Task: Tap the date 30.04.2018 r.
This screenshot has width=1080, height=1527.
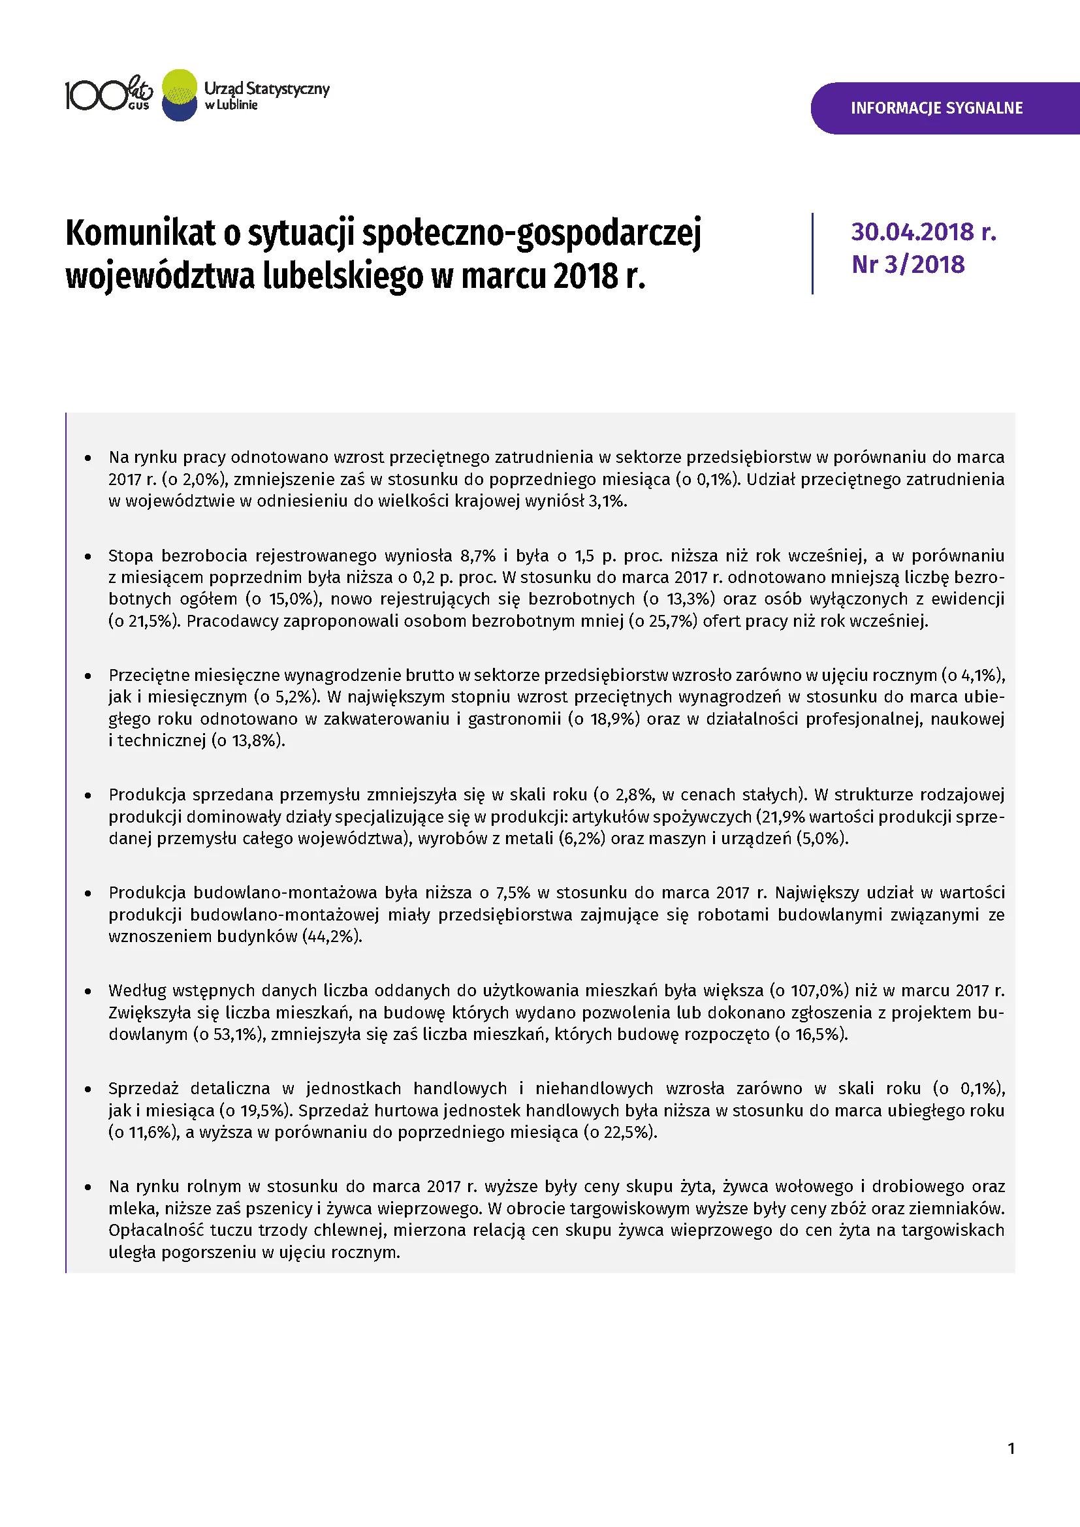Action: coord(923,232)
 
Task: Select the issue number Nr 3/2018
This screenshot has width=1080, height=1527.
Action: coord(908,264)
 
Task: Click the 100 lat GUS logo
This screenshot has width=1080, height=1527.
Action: coord(108,95)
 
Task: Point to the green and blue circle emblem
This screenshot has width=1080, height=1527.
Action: coord(180,95)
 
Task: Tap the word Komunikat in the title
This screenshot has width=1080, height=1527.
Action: coord(140,234)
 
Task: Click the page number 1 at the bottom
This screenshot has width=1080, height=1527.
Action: coord(1011,1449)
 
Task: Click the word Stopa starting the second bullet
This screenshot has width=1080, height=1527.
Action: coord(131,556)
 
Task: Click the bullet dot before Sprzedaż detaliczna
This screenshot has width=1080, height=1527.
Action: coord(87,1090)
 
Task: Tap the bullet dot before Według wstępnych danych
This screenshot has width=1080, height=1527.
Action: coord(87,991)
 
